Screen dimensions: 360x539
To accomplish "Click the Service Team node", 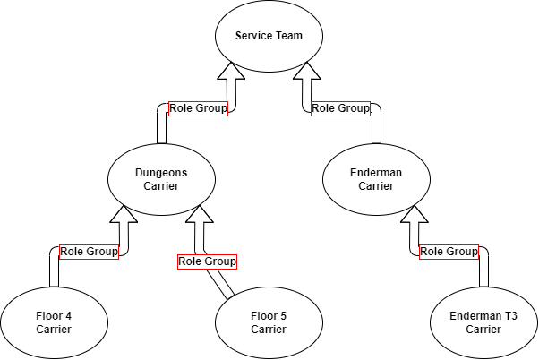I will (x=269, y=37).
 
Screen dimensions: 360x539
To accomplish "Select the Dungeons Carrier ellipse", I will (x=161, y=180).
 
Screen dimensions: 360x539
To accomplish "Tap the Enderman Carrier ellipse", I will (x=375, y=180).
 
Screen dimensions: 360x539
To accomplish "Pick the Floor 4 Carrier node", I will (x=54, y=322).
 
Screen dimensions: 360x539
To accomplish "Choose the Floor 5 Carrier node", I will (x=269, y=322).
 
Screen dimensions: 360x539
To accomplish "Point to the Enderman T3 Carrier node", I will (x=483, y=322).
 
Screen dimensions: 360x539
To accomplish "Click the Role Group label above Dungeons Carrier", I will (x=198, y=108).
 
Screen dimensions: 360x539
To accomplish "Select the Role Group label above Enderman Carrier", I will (x=340, y=108).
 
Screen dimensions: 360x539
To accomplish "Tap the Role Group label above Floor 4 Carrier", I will (x=89, y=252).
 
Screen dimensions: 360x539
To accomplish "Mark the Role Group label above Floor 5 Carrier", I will (x=207, y=261).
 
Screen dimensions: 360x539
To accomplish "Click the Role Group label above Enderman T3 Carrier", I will (x=449, y=252).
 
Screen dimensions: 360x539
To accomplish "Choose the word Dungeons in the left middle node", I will (x=161, y=173).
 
